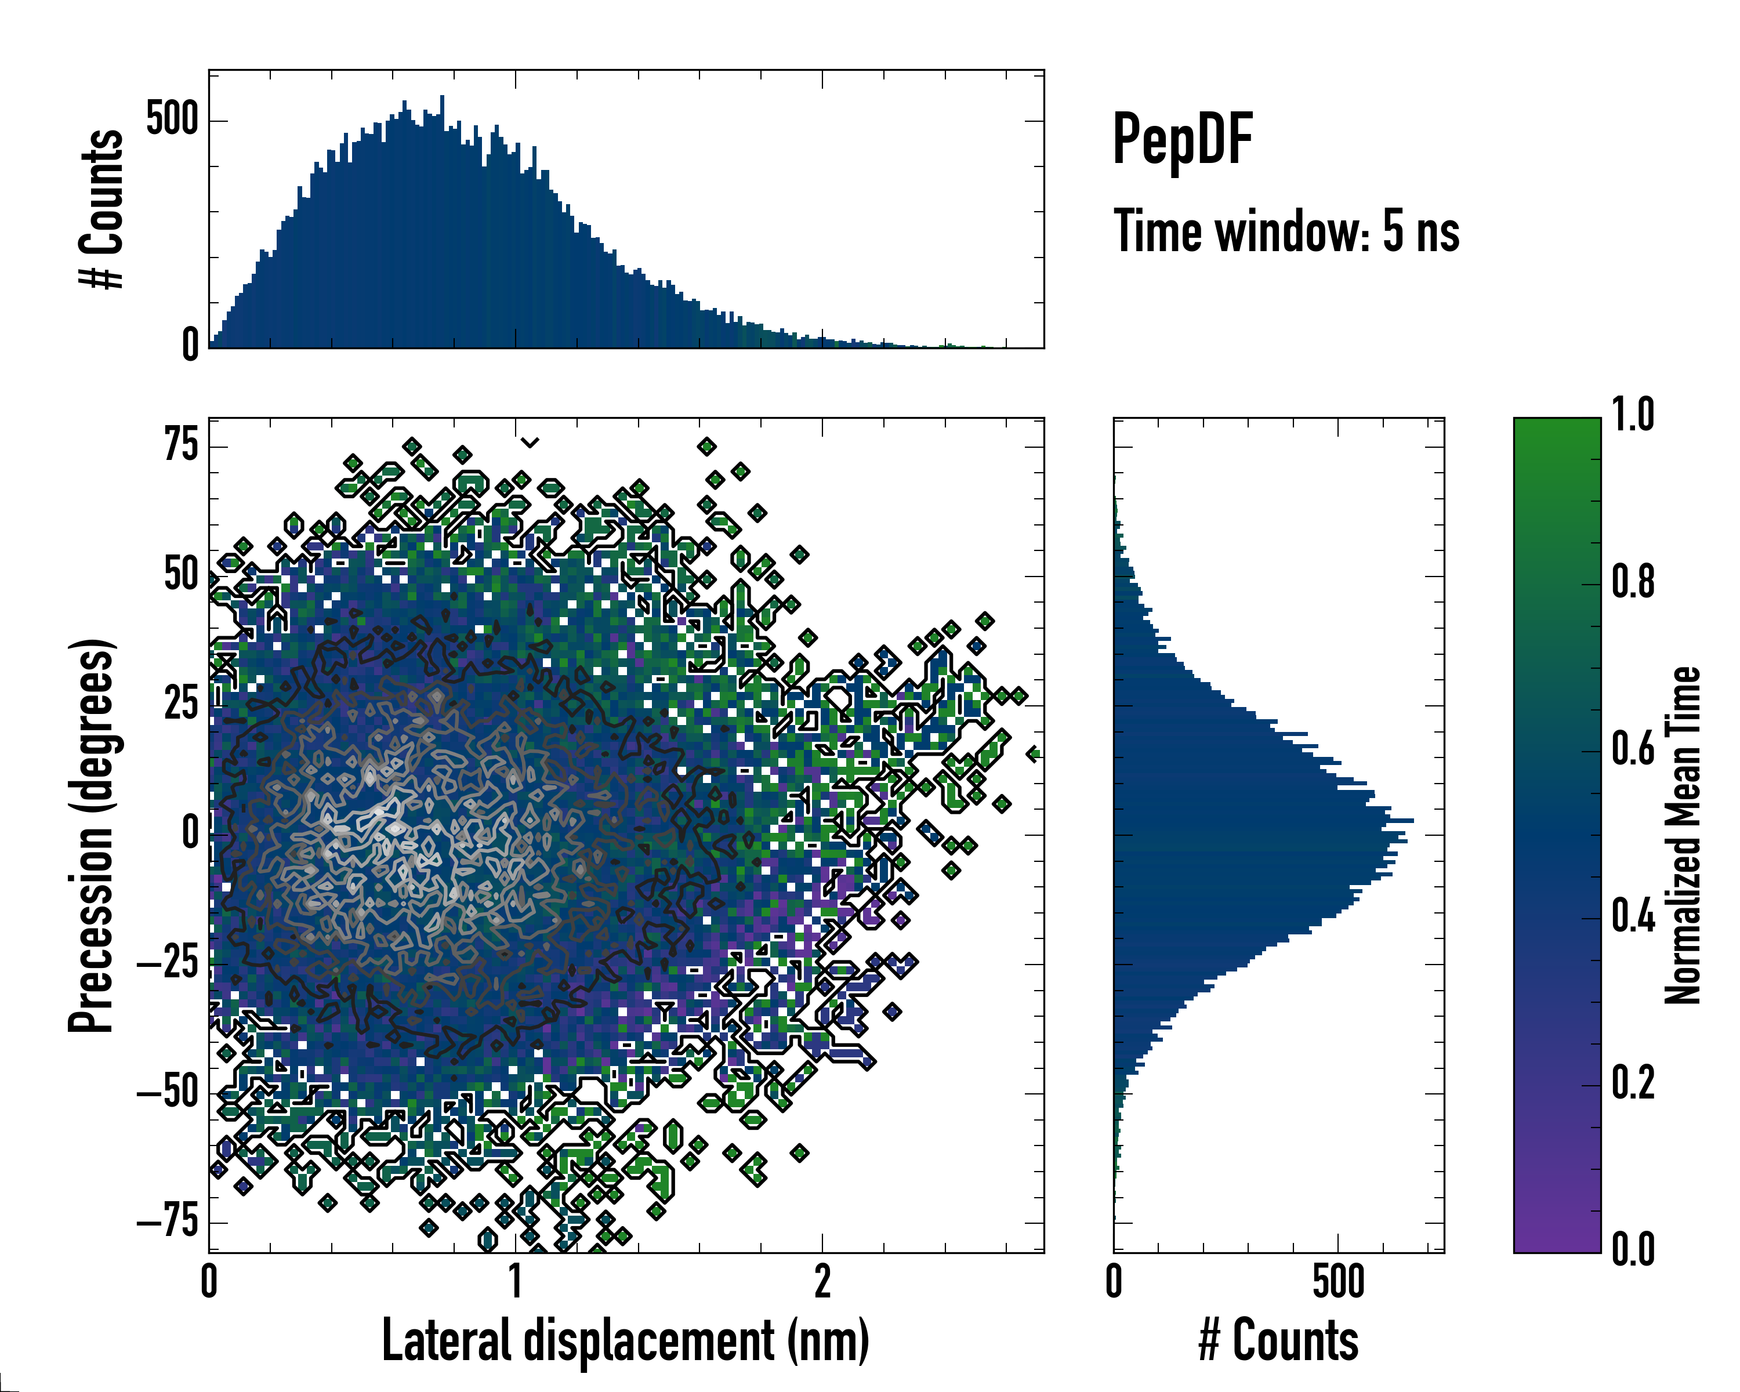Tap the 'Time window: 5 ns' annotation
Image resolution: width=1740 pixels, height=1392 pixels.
click(1286, 231)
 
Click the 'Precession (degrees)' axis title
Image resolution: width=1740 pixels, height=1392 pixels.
click(90, 835)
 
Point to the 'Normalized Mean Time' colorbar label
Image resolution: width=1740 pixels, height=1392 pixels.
click(1683, 835)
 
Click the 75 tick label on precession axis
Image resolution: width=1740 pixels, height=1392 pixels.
click(181, 445)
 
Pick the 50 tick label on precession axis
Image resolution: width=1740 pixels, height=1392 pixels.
click(181, 575)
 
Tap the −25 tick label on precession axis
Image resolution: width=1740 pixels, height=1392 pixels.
click(167, 963)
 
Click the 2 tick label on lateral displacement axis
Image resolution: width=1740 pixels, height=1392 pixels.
click(822, 1281)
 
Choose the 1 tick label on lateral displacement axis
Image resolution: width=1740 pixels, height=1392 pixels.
click(516, 1281)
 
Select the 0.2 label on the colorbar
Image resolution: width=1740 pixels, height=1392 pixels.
click(1633, 1083)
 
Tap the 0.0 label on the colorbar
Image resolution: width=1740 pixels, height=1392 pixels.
click(1633, 1249)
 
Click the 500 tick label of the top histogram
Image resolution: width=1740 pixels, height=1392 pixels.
click(172, 119)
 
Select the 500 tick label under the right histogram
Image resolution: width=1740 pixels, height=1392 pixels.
click(1338, 1281)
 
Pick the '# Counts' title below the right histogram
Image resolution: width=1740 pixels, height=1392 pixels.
click(1278, 1340)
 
